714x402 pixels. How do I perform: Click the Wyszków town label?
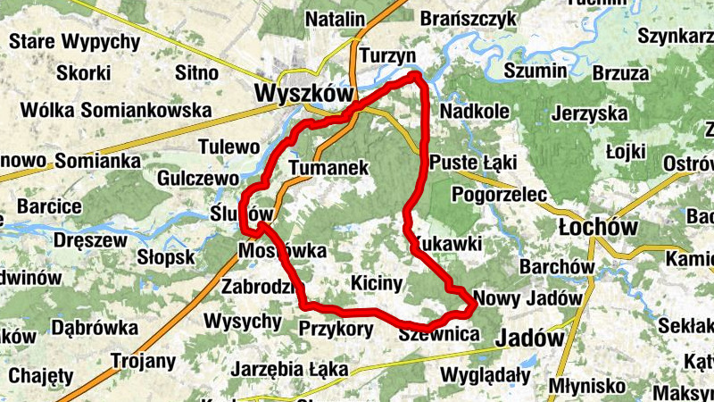tap(303, 94)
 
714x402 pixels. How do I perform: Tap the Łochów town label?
tap(597, 227)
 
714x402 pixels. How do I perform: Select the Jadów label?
tap(529, 339)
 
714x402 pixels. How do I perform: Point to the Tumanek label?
tap(329, 167)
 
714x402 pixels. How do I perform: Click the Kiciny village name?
tap(378, 283)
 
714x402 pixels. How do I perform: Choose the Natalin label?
tap(335, 19)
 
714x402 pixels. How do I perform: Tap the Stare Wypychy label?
tap(74, 41)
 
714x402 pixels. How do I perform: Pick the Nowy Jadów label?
tap(528, 297)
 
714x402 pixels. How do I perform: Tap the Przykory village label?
tap(336, 328)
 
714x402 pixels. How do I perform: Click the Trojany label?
tap(143, 361)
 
